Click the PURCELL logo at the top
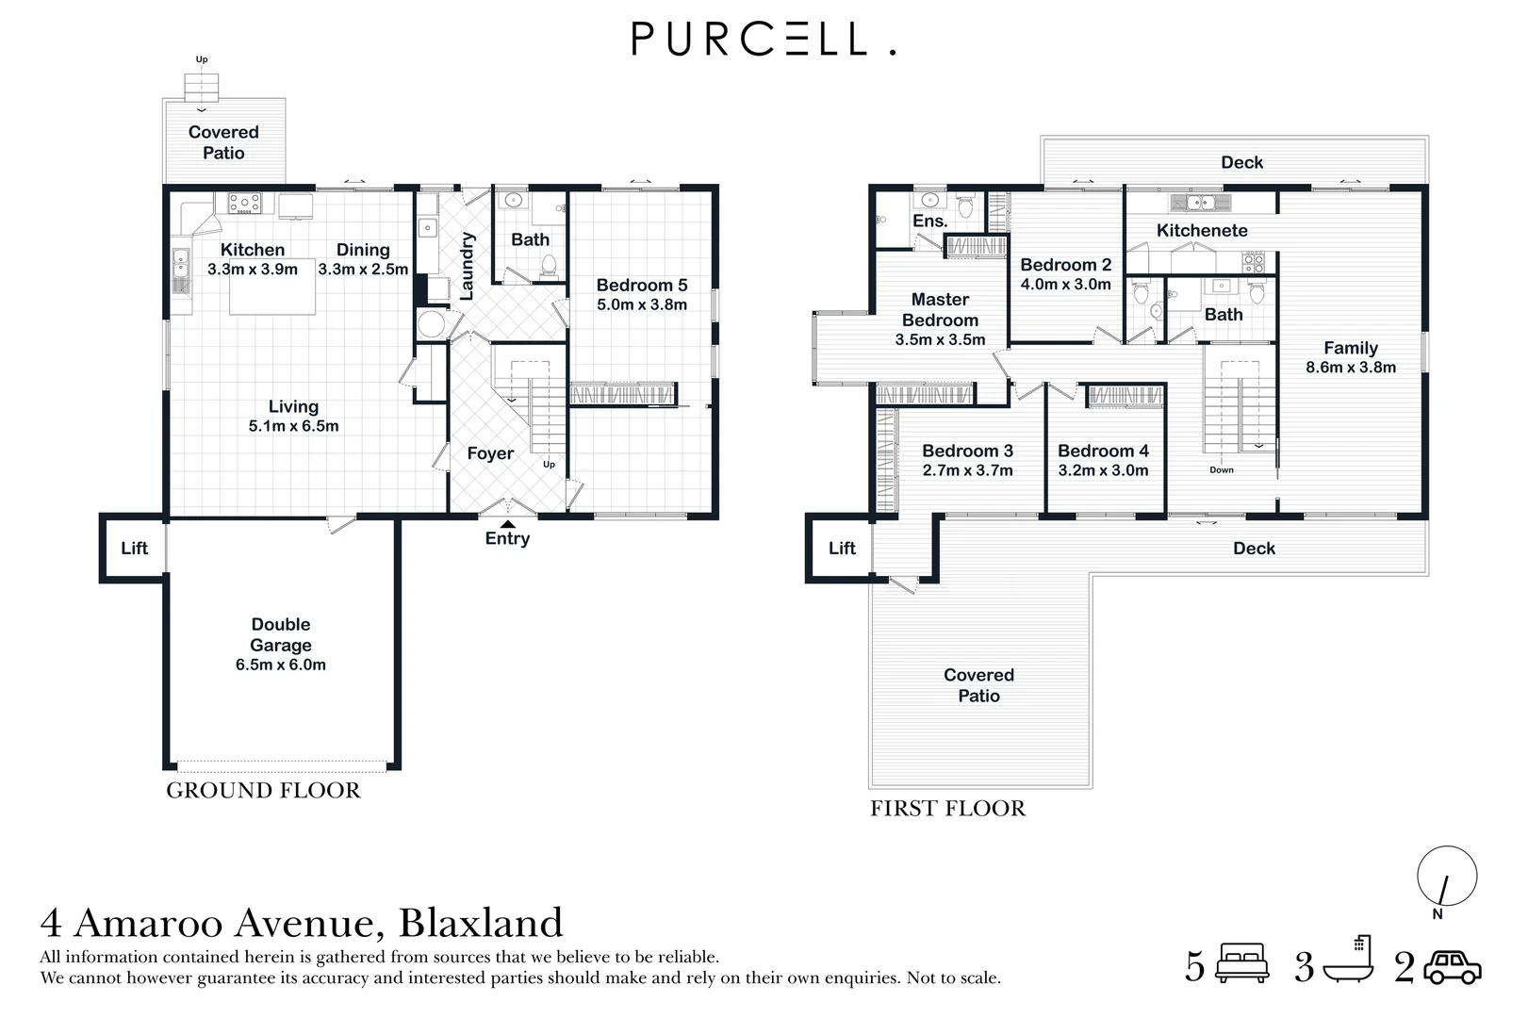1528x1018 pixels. coord(762,40)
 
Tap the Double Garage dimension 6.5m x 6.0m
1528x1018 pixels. coord(281,665)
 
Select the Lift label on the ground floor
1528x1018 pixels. coord(134,549)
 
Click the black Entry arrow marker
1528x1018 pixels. coord(507,524)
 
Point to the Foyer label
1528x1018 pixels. coord(490,454)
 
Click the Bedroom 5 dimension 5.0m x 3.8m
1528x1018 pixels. coord(642,305)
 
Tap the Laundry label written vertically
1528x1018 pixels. coord(467,267)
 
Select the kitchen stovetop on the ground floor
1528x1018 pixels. coord(245,203)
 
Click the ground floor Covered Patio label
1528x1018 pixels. coord(223,143)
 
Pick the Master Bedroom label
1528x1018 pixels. coord(940,310)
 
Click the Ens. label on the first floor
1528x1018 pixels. coord(929,222)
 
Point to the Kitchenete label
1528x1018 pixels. coord(1202,231)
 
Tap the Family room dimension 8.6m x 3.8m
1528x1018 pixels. coord(1351,369)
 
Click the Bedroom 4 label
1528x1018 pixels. coord(1103,452)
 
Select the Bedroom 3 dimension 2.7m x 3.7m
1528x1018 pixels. coord(967,471)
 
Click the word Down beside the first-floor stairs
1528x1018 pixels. coord(1221,470)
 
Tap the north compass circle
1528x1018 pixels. coord(1447,876)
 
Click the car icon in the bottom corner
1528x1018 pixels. coord(1453,968)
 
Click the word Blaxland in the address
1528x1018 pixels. coord(481,923)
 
